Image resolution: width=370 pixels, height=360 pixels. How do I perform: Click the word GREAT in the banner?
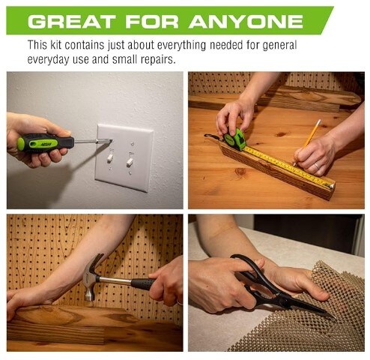(72, 22)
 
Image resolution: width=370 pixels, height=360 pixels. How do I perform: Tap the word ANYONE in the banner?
(246, 22)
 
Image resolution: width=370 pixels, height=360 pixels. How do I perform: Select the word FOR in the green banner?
(152, 22)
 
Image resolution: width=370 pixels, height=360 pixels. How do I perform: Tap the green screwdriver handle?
(46, 142)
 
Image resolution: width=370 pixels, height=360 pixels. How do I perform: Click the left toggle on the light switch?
(110, 157)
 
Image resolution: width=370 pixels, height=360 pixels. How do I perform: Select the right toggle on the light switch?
(130, 162)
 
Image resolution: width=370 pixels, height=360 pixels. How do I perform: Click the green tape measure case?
(234, 139)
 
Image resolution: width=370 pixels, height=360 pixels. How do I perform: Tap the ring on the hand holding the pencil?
(316, 166)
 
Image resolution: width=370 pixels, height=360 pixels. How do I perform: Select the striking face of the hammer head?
(89, 296)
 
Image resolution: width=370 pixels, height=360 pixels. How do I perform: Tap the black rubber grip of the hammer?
(143, 284)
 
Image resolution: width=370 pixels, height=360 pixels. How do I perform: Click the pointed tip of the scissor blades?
(335, 316)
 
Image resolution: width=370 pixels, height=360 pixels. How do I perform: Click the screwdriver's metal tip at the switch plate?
(109, 141)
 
